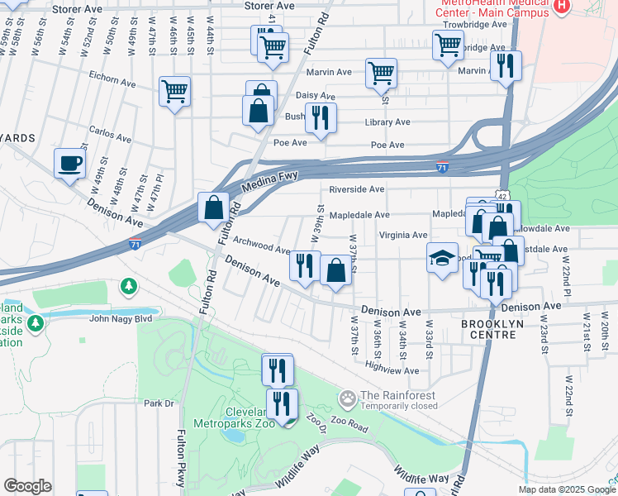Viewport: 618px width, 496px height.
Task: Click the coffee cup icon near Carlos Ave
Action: pyautogui.click(x=69, y=162)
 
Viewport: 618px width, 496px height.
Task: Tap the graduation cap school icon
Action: pyautogui.click(x=442, y=258)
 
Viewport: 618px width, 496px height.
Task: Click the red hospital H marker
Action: pyautogui.click(x=562, y=7)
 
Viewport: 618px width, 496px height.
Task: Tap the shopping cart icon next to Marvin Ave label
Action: pyautogui.click(x=381, y=73)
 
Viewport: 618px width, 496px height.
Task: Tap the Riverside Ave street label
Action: pyautogui.click(x=357, y=189)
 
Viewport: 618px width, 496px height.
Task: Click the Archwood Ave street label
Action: pyautogui.click(x=261, y=245)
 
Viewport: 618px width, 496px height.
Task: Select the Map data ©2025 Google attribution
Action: pyautogui.click(x=565, y=489)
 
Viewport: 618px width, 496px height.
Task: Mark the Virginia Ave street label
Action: pyautogui.click(x=402, y=236)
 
